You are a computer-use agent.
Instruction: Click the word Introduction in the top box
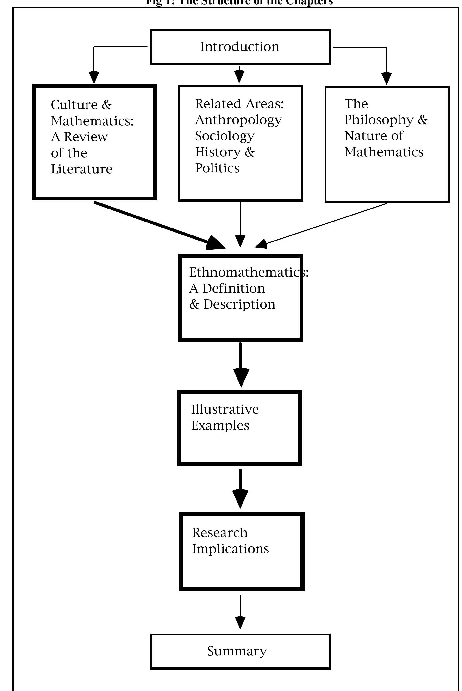tap(240, 47)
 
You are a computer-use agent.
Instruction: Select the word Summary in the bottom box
tap(237, 651)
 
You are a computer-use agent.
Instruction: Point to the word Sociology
tap(225, 136)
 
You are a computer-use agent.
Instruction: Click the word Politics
tap(217, 168)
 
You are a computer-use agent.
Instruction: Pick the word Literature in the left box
tap(82, 169)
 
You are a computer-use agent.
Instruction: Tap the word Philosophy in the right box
tap(379, 120)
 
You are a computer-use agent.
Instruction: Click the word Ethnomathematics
tap(244, 272)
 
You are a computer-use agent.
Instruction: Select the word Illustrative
tap(225, 409)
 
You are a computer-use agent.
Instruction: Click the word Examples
tap(220, 425)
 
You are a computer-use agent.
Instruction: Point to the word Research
tap(220, 533)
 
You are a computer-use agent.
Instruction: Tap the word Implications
tap(231, 549)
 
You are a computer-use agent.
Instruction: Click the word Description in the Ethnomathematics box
tap(239, 304)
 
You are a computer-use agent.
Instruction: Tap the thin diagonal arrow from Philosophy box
tap(324, 224)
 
